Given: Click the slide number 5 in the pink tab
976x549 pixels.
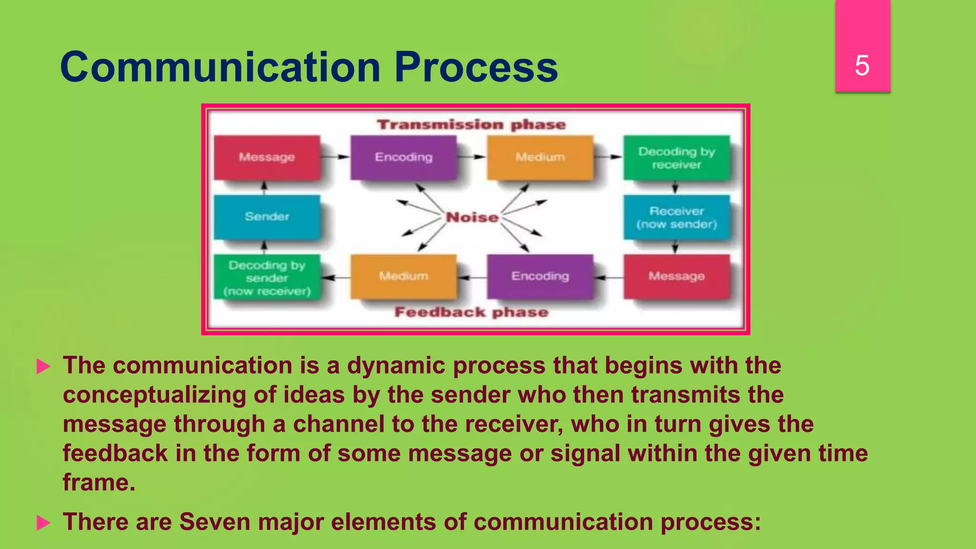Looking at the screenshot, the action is [x=862, y=65].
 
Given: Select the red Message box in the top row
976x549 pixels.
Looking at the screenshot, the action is [x=267, y=157].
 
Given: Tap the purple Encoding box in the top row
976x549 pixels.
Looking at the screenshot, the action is [x=404, y=157].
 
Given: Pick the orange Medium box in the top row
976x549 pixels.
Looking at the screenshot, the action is [x=540, y=157].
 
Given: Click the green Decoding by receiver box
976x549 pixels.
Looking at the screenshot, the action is [x=677, y=158].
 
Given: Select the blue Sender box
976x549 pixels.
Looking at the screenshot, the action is [x=267, y=217].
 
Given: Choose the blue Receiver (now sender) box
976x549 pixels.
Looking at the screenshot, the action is [x=677, y=217].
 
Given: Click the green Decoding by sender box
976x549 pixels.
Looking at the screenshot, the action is [x=267, y=278].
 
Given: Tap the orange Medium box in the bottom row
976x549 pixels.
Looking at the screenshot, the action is [x=404, y=276].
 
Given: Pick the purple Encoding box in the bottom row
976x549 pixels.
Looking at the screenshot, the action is [x=540, y=276].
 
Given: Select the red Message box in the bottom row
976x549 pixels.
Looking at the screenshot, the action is [x=677, y=276].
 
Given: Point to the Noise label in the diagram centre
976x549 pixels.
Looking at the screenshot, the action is [x=472, y=217].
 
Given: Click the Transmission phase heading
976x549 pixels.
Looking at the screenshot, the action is [x=471, y=125].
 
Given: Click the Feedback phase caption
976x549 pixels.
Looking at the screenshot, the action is [x=471, y=312].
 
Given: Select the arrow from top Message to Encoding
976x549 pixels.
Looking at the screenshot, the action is [x=335, y=157].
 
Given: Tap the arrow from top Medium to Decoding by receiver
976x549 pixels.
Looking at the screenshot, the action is [x=609, y=157].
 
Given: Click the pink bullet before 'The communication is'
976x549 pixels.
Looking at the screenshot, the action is [x=43, y=366].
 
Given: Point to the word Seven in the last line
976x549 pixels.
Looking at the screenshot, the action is [x=214, y=521].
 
